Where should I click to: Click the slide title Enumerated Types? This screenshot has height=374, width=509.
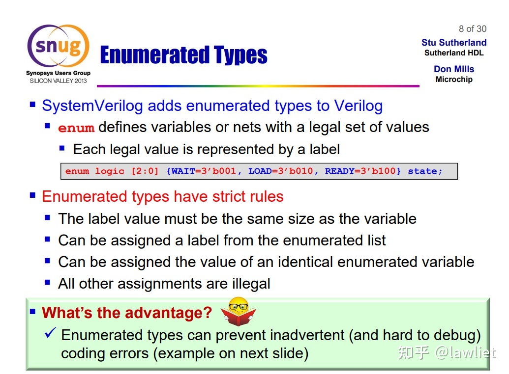[184, 55]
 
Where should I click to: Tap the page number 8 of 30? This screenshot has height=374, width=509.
[472, 29]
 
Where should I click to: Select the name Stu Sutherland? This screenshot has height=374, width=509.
[454, 43]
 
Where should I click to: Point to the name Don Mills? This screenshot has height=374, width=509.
[454, 69]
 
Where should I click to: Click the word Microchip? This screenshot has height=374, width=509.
[454, 80]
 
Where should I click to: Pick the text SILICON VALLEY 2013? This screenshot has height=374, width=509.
[59, 80]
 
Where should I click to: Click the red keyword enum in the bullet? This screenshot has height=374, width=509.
[76, 128]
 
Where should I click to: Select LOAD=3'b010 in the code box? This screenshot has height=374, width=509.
[280, 171]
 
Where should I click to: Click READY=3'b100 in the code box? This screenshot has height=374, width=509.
[360, 171]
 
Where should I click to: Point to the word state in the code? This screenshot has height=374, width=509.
[422, 171]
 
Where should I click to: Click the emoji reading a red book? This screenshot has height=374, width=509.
[238, 311]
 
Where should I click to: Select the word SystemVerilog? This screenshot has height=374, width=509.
[92, 106]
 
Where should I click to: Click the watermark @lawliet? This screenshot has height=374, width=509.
[465, 352]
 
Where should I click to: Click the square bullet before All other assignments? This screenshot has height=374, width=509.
[47, 282]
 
